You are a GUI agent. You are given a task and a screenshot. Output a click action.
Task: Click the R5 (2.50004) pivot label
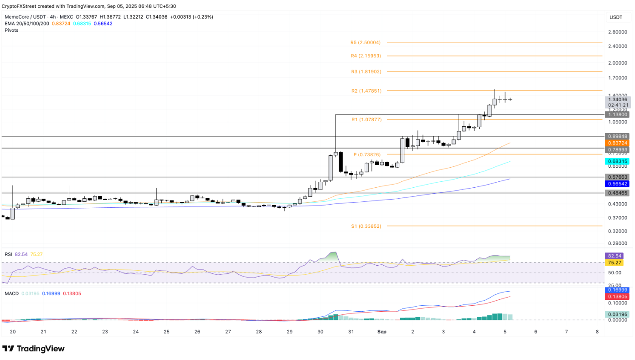pyautogui.click(x=365, y=42)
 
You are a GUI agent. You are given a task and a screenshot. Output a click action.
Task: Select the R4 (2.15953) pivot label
pyautogui.click(x=366, y=56)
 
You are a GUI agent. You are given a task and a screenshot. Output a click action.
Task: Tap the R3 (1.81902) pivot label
pyautogui.click(x=366, y=72)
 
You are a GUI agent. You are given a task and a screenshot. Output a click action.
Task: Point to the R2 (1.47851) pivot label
pyautogui.click(x=366, y=91)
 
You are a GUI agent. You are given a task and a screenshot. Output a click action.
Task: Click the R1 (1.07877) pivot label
pyautogui.click(x=366, y=119)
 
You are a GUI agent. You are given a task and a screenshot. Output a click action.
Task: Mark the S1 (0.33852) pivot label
pyautogui.click(x=366, y=226)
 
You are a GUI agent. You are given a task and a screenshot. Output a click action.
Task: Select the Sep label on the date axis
pyautogui.click(x=382, y=332)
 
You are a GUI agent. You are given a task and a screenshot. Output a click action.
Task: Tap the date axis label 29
pyautogui.click(x=289, y=332)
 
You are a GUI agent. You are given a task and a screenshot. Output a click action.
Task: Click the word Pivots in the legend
pyautogui.click(x=12, y=30)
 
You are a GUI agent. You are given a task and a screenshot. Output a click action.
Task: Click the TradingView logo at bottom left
pyautogui.click(x=34, y=349)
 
